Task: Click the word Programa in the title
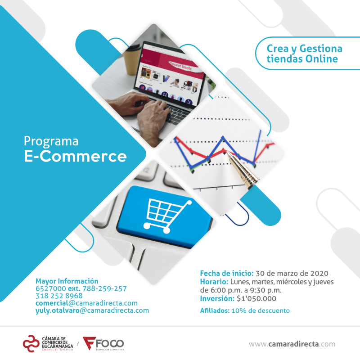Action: (x=51, y=141)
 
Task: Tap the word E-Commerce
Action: (x=75, y=156)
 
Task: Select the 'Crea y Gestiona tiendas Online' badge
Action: (x=307, y=53)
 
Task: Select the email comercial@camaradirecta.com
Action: (x=86, y=303)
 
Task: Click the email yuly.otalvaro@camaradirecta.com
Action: (x=92, y=310)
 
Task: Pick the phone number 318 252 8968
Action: (x=59, y=296)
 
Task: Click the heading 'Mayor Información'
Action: (x=67, y=281)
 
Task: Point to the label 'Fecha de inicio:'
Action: (x=227, y=273)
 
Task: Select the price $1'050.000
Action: (x=256, y=298)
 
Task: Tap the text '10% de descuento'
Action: (x=261, y=310)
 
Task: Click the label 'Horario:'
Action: (x=214, y=282)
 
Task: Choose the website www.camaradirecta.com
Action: (x=292, y=344)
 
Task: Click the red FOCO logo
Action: (x=103, y=343)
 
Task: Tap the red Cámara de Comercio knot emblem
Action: (x=31, y=343)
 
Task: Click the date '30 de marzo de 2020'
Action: (x=292, y=273)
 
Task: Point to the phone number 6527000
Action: (x=51, y=288)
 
